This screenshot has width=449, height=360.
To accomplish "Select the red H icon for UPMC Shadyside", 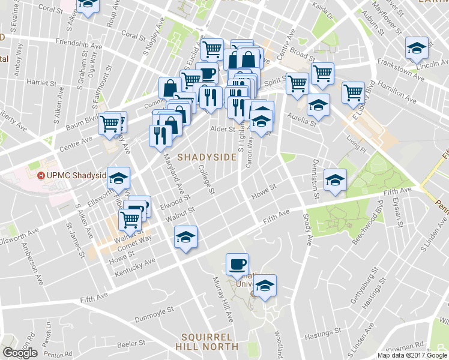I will [x=41, y=176].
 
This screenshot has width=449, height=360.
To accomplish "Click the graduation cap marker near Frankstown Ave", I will [x=415, y=48].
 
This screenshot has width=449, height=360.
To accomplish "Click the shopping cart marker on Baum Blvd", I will [x=109, y=122].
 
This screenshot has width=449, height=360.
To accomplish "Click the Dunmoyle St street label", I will [x=154, y=313].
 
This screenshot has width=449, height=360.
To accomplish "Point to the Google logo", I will [x=20, y=353].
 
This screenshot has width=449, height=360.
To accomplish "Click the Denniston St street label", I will [x=315, y=179].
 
